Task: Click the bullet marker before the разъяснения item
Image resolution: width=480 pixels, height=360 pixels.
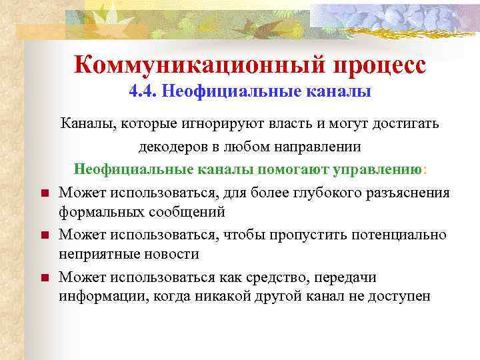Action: (41, 194)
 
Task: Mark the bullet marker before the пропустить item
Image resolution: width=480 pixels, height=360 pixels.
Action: (41, 236)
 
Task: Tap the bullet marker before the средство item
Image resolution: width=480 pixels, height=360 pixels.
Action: (41, 278)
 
